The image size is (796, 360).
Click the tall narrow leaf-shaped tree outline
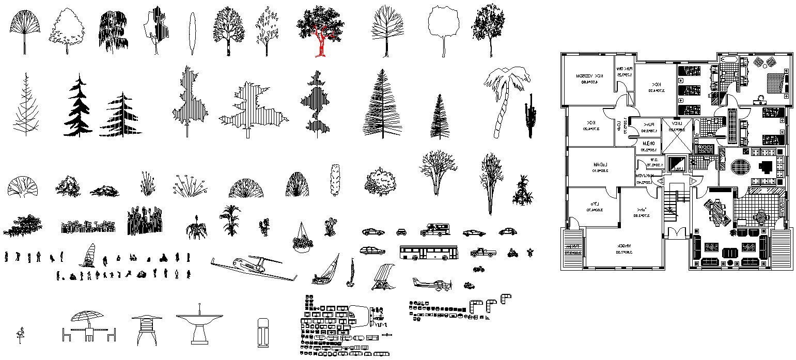(x=192, y=34)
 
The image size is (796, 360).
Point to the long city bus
(x=428, y=252)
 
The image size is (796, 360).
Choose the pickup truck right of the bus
(x=482, y=252)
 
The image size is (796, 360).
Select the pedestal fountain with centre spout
(x=199, y=324)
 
